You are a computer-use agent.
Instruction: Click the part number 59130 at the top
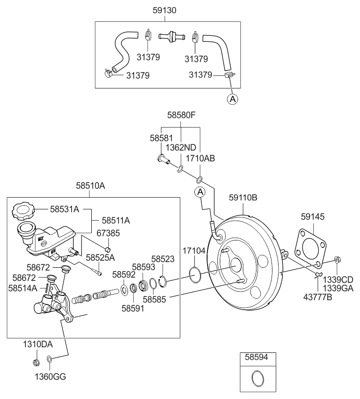165,9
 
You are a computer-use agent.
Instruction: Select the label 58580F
181,115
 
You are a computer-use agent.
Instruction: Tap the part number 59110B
243,198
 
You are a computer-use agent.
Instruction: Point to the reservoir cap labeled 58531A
23,210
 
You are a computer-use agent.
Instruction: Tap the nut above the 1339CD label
337,259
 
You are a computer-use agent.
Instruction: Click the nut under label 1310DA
36,362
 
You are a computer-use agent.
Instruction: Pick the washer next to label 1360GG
50,361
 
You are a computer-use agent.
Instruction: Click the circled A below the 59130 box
232,99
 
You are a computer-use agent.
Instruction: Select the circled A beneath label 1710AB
200,192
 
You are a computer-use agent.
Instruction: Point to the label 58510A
90,186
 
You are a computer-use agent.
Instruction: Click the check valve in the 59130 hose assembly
170,36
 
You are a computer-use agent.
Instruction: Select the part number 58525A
100,258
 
